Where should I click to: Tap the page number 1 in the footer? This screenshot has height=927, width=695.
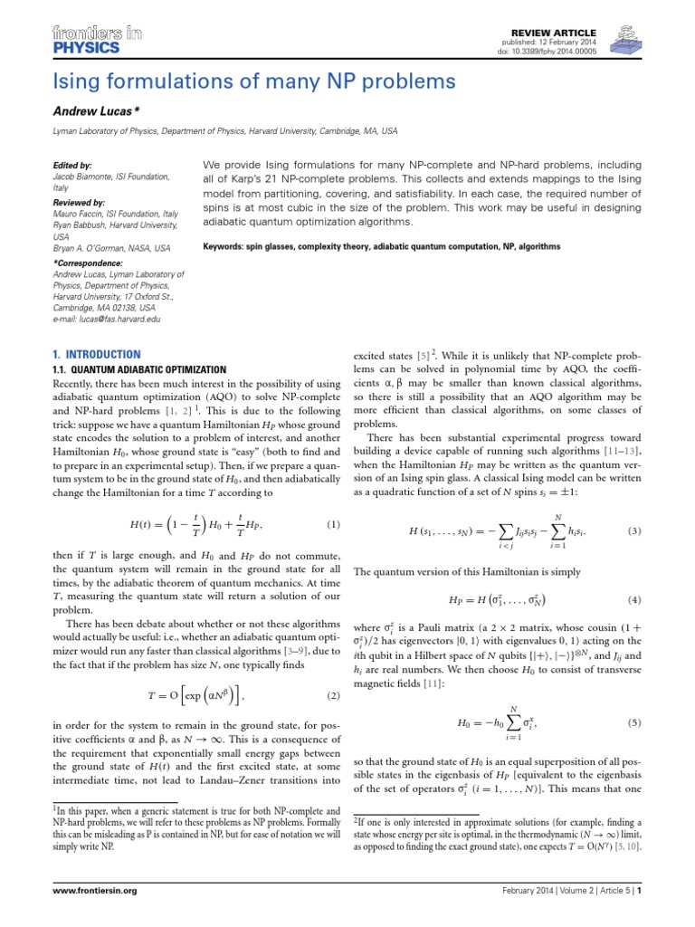639,916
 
